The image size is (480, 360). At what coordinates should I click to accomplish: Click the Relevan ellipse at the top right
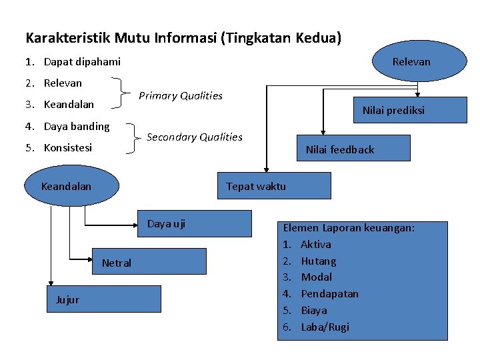(x=411, y=61)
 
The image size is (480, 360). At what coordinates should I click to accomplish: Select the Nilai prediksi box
(x=393, y=110)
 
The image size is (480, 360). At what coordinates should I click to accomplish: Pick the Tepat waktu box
(x=274, y=186)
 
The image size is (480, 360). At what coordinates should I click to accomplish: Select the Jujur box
(x=104, y=299)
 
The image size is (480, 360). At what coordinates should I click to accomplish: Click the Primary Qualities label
(x=181, y=95)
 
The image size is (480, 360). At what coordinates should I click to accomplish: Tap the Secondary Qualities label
(x=194, y=137)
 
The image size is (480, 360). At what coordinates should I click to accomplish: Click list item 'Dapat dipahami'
(x=82, y=61)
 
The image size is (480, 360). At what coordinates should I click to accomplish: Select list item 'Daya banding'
(x=77, y=126)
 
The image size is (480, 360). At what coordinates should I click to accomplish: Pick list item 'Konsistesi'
(x=68, y=147)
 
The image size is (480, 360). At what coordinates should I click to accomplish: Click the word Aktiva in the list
(x=316, y=244)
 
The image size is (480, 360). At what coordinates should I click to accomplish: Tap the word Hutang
(x=319, y=261)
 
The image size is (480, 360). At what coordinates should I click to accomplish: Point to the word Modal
(x=317, y=277)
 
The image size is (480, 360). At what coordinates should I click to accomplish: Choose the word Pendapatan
(x=329, y=293)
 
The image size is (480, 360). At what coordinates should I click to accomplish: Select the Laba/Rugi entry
(x=325, y=327)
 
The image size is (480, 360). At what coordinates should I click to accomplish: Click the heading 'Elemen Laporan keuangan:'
(x=349, y=227)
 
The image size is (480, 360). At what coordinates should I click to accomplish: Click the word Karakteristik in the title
(x=69, y=38)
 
